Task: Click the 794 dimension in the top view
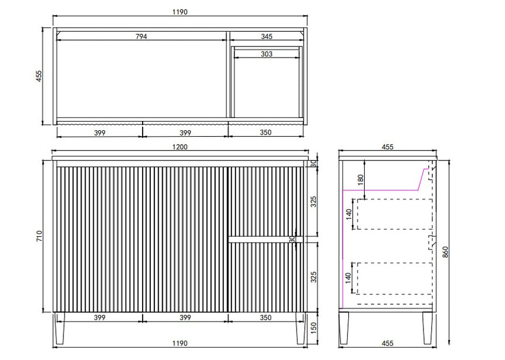(x=141, y=36)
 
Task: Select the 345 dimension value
(x=267, y=36)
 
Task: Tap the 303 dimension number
(x=267, y=54)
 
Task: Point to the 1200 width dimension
(x=180, y=147)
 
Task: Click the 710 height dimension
(x=39, y=236)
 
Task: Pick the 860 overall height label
(x=446, y=251)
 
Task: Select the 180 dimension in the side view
(x=361, y=179)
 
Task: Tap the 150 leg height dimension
(x=314, y=328)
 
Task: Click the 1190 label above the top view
(x=180, y=12)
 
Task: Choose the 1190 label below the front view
(x=180, y=343)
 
